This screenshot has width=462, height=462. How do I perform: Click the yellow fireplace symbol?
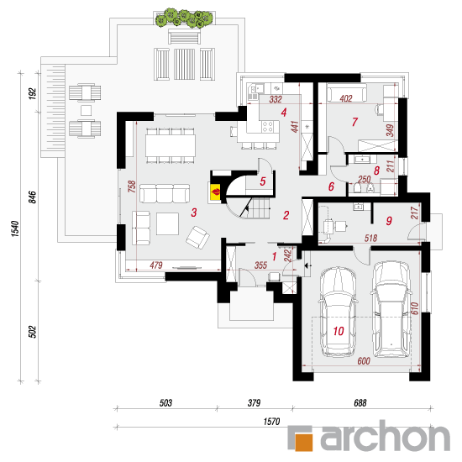point(214,192)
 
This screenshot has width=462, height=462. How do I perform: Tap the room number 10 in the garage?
point(339,331)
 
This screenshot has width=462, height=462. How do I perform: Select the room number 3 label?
point(193,213)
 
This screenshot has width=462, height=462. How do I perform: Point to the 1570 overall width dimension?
point(271,422)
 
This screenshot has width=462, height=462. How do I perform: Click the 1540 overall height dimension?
point(15,228)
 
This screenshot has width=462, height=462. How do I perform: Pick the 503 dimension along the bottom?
point(165,402)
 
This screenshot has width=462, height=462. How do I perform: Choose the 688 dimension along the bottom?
point(360,402)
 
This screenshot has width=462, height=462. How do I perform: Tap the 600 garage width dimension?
point(364,361)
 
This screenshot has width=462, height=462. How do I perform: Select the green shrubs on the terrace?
point(184,18)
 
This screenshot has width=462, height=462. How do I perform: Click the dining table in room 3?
point(171,145)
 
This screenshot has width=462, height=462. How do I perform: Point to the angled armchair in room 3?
point(197,238)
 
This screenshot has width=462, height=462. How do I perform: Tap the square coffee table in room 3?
point(167,223)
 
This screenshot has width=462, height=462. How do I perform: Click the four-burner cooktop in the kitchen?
point(267,126)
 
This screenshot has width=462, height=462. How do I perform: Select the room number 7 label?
point(354,122)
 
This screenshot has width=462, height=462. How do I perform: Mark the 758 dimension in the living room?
point(132,186)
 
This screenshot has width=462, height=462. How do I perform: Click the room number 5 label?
point(263,181)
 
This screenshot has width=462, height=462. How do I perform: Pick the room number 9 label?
point(389,221)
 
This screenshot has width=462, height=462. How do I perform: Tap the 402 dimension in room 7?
point(346,98)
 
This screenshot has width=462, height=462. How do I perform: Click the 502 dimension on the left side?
point(33,332)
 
